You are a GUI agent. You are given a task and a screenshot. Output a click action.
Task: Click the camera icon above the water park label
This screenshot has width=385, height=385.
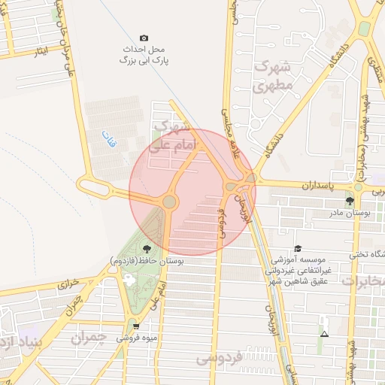[x=144, y=38]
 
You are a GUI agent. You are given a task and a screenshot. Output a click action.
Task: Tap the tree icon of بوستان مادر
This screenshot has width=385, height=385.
[x=349, y=201]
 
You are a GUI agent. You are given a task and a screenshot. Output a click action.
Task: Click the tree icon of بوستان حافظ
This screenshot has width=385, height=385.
[x=146, y=248]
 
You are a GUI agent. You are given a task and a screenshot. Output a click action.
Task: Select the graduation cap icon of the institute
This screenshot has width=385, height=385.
[x=298, y=248]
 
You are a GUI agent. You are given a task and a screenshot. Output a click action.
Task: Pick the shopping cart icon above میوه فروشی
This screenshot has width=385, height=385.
[x=135, y=326]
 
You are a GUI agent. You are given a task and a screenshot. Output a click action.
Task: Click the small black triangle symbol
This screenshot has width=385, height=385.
[x=324, y=334]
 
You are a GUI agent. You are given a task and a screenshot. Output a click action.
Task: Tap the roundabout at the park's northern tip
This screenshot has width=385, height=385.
[x=169, y=202]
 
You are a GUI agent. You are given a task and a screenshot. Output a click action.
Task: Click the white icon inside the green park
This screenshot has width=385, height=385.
[x=129, y=279]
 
